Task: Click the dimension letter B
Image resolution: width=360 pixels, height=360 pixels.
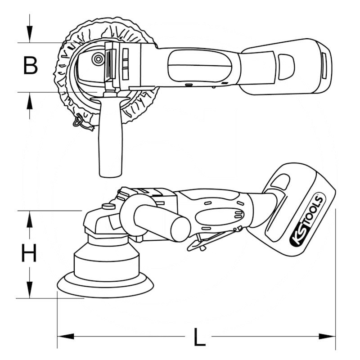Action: click(30, 66)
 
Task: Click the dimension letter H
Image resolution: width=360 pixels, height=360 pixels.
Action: click(29, 255)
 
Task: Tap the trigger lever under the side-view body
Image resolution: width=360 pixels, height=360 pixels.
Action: click(211, 238)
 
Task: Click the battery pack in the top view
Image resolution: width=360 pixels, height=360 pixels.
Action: click(286, 67)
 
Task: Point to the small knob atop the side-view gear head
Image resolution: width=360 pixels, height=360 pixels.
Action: click(107, 207)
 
